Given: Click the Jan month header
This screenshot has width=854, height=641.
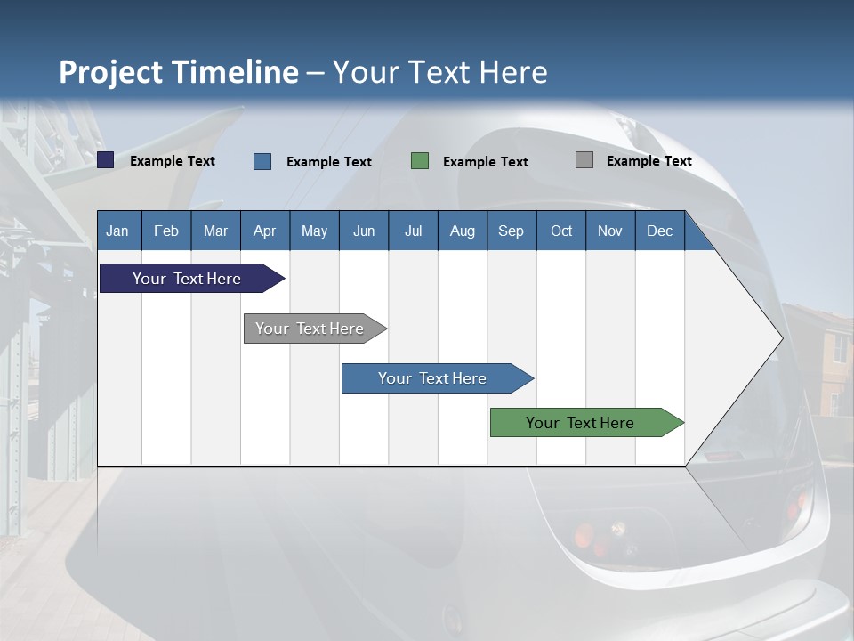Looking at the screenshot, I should pyautogui.click(x=117, y=231).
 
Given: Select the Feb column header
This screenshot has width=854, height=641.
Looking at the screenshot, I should pyautogui.click(x=166, y=231).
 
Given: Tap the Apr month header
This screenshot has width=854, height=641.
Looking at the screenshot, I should pyautogui.click(x=264, y=231).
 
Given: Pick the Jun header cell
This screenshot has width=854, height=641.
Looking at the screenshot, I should pyautogui.click(x=364, y=231).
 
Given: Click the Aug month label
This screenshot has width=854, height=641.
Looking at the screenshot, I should pyautogui.click(x=462, y=231).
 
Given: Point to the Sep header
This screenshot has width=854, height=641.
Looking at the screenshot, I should pyautogui.click(x=511, y=231).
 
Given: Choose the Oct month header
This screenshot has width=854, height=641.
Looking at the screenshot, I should pyautogui.click(x=561, y=231).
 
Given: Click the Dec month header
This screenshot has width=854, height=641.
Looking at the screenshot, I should pyautogui.click(x=659, y=231).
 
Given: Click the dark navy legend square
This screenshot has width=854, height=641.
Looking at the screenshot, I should pyautogui.click(x=106, y=160).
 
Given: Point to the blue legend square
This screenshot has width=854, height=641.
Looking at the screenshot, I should pyautogui.click(x=262, y=161).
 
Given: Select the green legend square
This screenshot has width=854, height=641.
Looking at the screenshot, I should pyautogui.click(x=420, y=161).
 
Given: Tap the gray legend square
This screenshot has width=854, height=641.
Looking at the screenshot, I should pyautogui.click(x=584, y=160).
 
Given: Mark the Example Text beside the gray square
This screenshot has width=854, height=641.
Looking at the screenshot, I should pyautogui.click(x=649, y=161).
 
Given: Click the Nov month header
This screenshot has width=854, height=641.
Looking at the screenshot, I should pyautogui.click(x=610, y=231).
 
